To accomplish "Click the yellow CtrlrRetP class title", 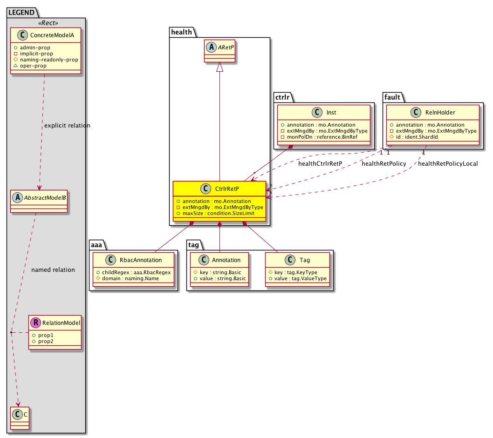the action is click(227, 189).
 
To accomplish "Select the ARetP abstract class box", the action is click(219, 51).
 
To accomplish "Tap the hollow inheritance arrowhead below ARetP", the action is click(219, 67).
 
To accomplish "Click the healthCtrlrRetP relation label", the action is click(320, 163).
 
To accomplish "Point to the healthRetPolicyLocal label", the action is click(448, 163).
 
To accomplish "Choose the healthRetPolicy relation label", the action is click(384, 163).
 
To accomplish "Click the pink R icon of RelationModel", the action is click(36, 323).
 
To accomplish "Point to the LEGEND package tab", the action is click(21, 13).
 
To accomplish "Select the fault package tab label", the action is click(392, 97).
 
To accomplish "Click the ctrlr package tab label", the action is click(282, 97).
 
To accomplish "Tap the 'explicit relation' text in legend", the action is click(67, 126).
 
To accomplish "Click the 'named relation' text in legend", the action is click(53, 270).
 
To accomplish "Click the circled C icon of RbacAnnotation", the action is click(111, 260).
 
